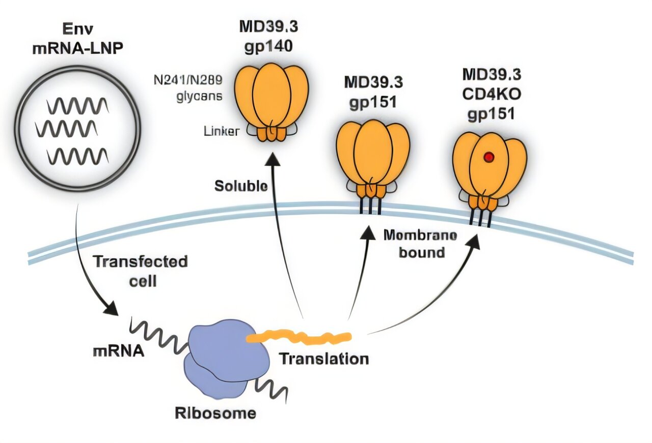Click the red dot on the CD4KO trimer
click(488, 158)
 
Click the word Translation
click(324, 359)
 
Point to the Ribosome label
click(215, 413)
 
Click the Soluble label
click(241, 186)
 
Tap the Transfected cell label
click(141, 271)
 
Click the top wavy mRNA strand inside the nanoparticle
click(77, 106)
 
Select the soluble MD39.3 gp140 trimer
click(272, 102)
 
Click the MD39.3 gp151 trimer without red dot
click(373, 158)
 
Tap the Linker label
click(221, 131)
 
